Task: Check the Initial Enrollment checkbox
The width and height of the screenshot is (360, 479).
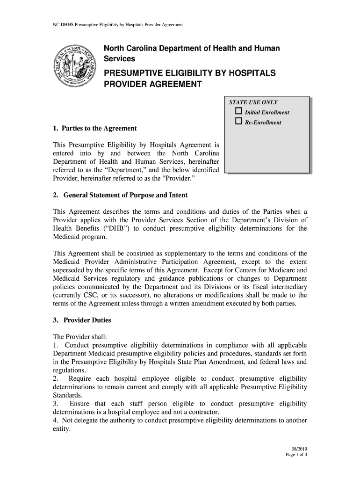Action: point(238,112)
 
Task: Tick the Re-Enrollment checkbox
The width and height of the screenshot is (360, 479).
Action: point(238,122)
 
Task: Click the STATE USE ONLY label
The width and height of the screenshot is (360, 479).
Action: point(253,102)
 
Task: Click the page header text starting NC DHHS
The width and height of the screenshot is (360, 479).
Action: point(116,24)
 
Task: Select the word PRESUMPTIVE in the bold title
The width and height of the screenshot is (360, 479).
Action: point(136,73)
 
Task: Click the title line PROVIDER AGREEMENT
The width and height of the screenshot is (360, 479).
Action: point(152,85)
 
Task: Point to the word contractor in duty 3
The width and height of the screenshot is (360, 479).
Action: point(204,412)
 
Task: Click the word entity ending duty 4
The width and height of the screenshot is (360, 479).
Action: point(61,429)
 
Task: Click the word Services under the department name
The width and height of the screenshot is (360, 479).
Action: point(119,59)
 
